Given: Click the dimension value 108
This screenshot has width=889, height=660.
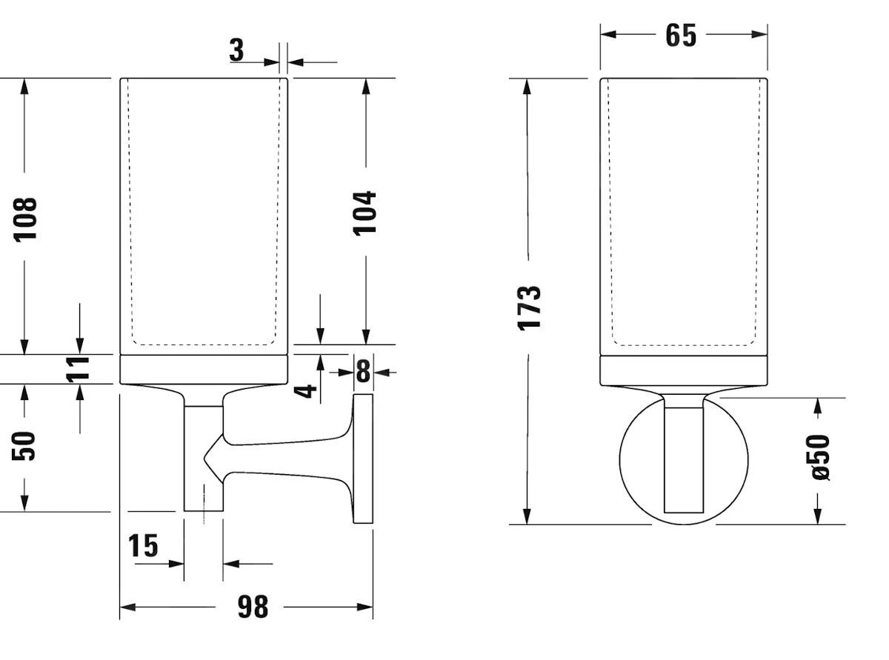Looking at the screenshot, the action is tap(26, 219).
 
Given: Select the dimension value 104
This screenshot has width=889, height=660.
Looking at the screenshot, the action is tap(364, 213).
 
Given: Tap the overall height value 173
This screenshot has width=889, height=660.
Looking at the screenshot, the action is tap(529, 308).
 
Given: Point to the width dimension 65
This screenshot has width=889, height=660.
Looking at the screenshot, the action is tap(681, 36).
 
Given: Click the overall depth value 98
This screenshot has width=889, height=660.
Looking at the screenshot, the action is tap(253, 607).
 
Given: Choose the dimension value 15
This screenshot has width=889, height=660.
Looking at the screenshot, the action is tap(143, 545).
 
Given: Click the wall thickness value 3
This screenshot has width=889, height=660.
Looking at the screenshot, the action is tap(236, 50).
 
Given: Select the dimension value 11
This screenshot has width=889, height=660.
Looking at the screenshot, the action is tap(78, 369).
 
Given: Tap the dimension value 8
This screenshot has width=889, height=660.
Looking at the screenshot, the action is tap(363, 371).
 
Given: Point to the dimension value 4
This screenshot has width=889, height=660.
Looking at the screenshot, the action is tap(305, 391).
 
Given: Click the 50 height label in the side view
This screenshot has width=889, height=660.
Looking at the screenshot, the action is tap(24, 446).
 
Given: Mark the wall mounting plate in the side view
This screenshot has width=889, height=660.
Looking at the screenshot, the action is tap(363, 459).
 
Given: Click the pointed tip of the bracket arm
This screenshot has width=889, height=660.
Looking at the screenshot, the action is tap(204, 458).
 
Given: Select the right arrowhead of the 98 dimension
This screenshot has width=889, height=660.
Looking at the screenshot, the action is tap(364, 607).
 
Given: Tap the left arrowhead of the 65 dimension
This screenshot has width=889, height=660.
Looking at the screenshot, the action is tap(608, 34).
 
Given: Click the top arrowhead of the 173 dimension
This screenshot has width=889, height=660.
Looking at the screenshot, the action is tap(527, 87).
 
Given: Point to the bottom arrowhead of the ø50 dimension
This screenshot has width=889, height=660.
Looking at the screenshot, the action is tap(818, 516).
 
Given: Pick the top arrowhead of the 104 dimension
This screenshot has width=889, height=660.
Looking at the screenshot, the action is tap(366, 87).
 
